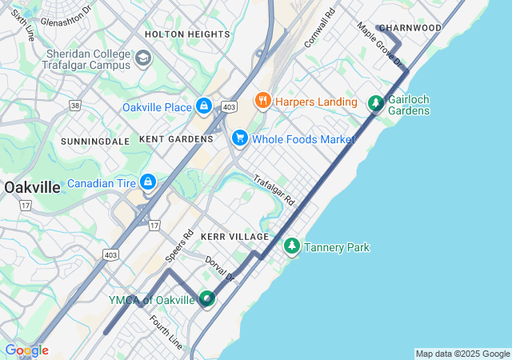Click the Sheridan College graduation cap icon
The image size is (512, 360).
coord(143,58)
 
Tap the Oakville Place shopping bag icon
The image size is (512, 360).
coord(204,106)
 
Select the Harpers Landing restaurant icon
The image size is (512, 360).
coord(262,101)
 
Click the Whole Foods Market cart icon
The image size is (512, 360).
coord(239,138)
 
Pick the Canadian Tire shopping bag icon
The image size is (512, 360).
coord(148,183)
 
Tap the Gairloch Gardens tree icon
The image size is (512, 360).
coord(375,103)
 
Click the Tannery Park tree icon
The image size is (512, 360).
coord(292,246)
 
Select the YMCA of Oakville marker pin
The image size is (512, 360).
coord(207,299)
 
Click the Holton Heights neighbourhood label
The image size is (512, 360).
coord(187,34)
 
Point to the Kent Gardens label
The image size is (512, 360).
coord(176,139)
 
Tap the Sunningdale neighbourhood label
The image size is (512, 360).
coord(95,141)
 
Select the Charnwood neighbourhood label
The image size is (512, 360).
coord(410,28)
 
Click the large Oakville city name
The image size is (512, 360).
coord(32,187)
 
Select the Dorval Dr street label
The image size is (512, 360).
coord(220,268)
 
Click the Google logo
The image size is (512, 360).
coord(26,350)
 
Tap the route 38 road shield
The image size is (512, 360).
coord(75,105)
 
